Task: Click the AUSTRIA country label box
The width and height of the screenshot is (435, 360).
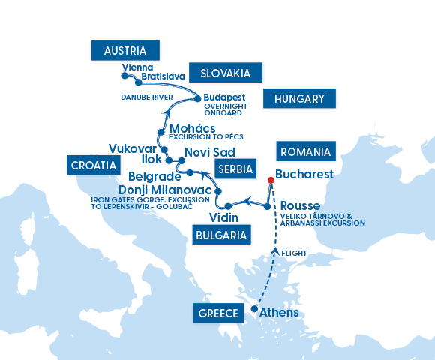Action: pyautogui.click(x=124, y=51)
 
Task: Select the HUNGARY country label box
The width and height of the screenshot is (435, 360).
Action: pyautogui.click(x=298, y=98)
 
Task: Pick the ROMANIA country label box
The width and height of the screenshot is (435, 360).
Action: pyautogui.click(x=304, y=151)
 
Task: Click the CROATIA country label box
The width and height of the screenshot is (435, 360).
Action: pyautogui.click(x=94, y=165)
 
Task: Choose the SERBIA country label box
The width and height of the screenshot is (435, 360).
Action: pyautogui.click(x=235, y=168)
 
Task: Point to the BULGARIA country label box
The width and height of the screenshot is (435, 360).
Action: pyautogui.click(x=220, y=235)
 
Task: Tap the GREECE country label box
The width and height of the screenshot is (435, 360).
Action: pyautogui.click(x=219, y=313)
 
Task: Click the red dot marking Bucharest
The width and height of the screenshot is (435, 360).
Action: pyautogui.click(x=271, y=180)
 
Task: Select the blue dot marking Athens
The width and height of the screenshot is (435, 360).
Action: pyautogui.click(x=254, y=309)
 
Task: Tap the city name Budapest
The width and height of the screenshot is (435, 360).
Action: pyautogui.click(x=225, y=97)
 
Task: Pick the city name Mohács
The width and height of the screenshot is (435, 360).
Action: pyautogui.click(x=192, y=127)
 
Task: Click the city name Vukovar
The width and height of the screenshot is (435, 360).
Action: pyautogui.click(x=133, y=148)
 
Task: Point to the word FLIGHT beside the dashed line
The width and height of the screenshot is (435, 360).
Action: pyautogui.click(x=296, y=253)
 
